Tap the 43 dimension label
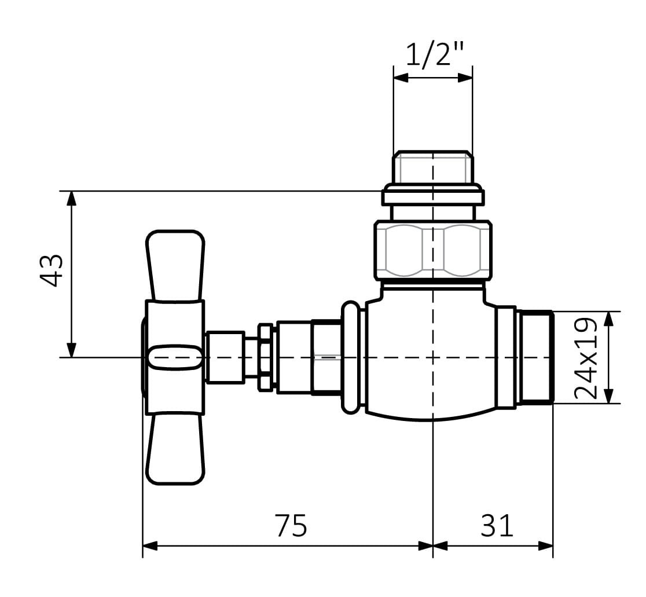click(52, 270)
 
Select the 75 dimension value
click(291, 525)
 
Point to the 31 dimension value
click(497, 525)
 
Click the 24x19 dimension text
click(586, 358)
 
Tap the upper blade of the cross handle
click(175, 266)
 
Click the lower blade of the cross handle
click(175, 449)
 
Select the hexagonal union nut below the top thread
click(433, 251)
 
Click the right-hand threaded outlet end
click(534, 357)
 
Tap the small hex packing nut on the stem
click(265, 357)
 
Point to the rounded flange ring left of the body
click(351, 357)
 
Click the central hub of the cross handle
click(175, 357)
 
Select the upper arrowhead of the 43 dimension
click(72, 198)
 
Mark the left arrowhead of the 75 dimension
click(150, 546)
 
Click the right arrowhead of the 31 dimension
click(545, 546)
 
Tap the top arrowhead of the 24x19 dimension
click(610, 319)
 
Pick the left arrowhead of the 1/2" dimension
click(401, 78)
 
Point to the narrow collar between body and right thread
click(506, 357)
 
